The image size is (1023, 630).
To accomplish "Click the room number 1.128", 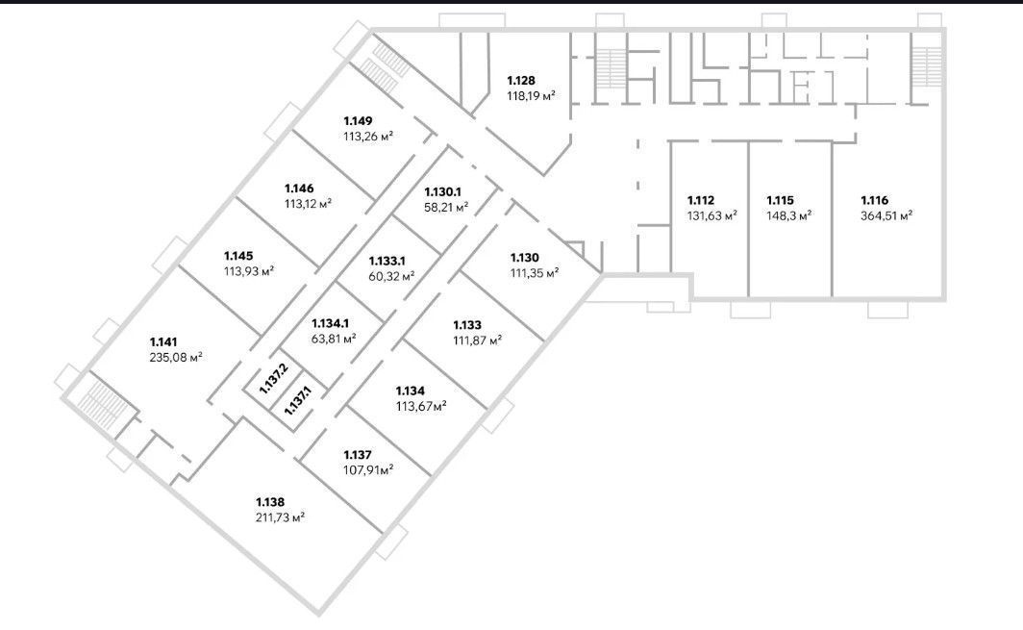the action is pyautogui.click(x=521, y=81).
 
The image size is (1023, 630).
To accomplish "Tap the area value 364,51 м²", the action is pyautogui.click(x=886, y=216).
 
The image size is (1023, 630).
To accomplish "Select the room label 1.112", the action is pyautogui.click(x=701, y=200).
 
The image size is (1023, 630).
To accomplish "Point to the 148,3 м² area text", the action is pyautogui.click(x=788, y=216).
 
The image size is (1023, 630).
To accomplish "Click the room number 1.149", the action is pyautogui.click(x=359, y=121).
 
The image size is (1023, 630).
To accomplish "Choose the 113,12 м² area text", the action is pyautogui.click(x=308, y=204).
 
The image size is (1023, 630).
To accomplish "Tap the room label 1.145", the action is pyautogui.click(x=238, y=256).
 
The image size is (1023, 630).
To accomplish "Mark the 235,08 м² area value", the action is pyautogui.click(x=176, y=357).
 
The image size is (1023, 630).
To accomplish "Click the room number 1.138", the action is pyautogui.click(x=270, y=502).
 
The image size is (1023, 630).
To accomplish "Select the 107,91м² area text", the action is pyautogui.click(x=368, y=470).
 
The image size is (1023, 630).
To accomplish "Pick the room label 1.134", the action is pyautogui.click(x=410, y=391).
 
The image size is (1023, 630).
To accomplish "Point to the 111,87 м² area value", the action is pyautogui.click(x=478, y=340).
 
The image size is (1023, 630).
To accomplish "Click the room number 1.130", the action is pyautogui.click(x=525, y=258).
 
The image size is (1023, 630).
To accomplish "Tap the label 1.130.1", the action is pyautogui.click(x=443, y=192).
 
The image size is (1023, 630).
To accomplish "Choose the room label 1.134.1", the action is pyautogui.click(x=330, y=323).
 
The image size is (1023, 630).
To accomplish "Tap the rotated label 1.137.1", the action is pyautogui.click(x=298, y=401).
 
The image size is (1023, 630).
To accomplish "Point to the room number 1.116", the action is pyautogui.click(x=874, y=200).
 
